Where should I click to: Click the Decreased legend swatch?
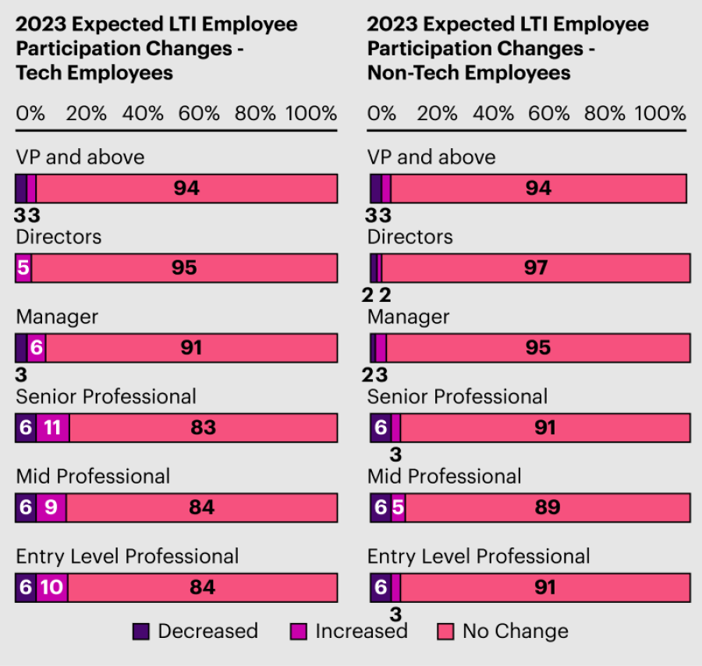tap(141, 631)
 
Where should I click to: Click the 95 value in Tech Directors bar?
tap(184, 268)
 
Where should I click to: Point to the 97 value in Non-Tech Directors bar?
tap(536, 268)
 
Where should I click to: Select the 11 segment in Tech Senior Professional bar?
tap(52, 428)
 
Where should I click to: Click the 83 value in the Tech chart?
tap(203, 428)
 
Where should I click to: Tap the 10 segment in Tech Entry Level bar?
tap(51, 586)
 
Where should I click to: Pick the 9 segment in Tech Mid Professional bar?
tap(51, 508)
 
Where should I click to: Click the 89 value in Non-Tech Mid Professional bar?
tap(548, 508)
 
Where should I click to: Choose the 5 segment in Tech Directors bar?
tap(23, 268)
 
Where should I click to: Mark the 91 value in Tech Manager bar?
tap(191, 348)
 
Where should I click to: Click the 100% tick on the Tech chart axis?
tap(311, 113)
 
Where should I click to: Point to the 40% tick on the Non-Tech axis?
tap(494, 113)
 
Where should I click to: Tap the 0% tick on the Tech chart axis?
tap(30, 113)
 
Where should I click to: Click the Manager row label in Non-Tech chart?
tap(408, 317)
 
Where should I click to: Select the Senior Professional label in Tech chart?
tap(106, 397)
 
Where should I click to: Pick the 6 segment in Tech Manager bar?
tap(36, 348)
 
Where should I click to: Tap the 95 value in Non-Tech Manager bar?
tap(538, 348)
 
